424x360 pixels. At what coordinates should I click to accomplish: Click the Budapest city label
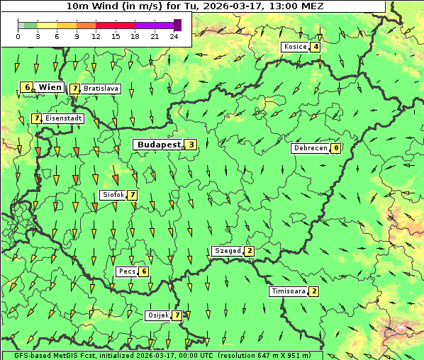point(159,145)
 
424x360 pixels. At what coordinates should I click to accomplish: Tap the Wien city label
point(50,87)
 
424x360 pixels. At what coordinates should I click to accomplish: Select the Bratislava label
point(100,89)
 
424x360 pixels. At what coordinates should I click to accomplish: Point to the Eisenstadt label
point(63,118)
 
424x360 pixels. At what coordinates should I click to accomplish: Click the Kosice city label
point(295,47)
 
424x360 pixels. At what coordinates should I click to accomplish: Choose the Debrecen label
point(311,149)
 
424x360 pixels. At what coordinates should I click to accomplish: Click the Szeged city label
point(228,251)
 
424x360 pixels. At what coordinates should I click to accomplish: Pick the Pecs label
point(127,271)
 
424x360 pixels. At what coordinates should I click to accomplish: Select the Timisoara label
point(288,291)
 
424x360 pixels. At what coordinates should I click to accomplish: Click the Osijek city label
point(157,315)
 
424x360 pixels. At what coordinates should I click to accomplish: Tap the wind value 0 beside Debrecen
point(336,149)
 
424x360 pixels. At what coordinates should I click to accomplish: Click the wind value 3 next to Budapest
point(191,145)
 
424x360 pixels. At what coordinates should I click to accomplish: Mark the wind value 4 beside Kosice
point(316,47)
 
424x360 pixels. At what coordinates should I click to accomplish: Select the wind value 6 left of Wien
point(27,87)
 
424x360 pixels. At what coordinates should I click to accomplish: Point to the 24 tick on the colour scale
point(174,36)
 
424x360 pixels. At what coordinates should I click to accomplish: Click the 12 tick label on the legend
point(96,36)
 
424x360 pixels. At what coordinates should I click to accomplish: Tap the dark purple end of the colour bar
point(177,25)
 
